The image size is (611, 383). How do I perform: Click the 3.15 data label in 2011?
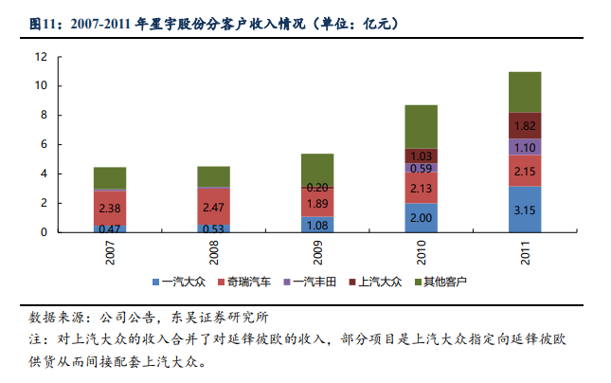[524, 210]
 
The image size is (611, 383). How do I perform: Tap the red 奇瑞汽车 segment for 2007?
[110, 208]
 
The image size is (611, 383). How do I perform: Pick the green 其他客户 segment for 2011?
[524, 92]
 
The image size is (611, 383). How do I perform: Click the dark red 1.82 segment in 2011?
[524, 125]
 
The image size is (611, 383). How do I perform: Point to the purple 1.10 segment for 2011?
[524, 147]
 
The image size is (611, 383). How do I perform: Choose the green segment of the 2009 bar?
[317, 170]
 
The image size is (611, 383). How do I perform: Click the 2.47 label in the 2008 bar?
[213, 206]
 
